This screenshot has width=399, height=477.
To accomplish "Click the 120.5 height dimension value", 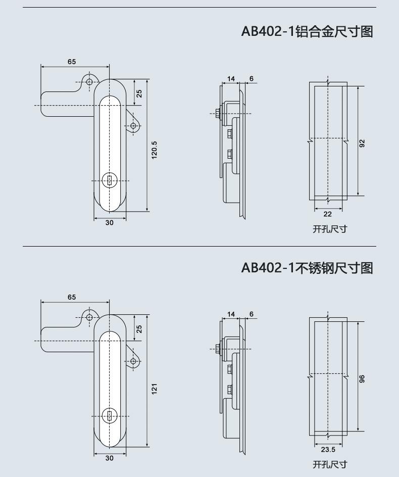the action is [154, 150].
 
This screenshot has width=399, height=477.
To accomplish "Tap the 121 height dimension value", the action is [154, 389].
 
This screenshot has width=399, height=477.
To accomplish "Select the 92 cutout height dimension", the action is [362, 144].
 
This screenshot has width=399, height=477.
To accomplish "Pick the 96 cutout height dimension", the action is [362, 379].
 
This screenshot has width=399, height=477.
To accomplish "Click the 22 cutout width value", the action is [327, 214].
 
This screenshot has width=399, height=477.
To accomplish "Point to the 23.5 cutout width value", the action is [328, 450].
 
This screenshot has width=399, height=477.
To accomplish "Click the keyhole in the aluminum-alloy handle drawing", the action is [109, 181].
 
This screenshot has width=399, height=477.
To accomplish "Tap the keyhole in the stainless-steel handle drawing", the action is [109, 416].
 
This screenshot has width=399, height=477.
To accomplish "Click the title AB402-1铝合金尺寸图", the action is [307, 31].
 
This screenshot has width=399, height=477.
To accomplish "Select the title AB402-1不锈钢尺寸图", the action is [307, 268].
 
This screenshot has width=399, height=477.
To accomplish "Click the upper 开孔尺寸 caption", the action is [330, 229].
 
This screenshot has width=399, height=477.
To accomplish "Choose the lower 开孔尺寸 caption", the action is [330, 464].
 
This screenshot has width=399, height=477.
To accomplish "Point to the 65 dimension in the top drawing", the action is [72, 62].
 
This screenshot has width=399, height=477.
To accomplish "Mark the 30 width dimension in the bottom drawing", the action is [110, 458].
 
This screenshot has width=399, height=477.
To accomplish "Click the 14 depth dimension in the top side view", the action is [231, 79].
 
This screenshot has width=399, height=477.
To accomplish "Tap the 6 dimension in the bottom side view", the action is [251, 314].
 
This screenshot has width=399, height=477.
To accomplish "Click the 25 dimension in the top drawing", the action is [139, 93].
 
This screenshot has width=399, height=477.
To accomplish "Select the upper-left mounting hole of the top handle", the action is [89, 82].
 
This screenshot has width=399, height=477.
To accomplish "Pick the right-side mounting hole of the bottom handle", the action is [133, 361].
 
